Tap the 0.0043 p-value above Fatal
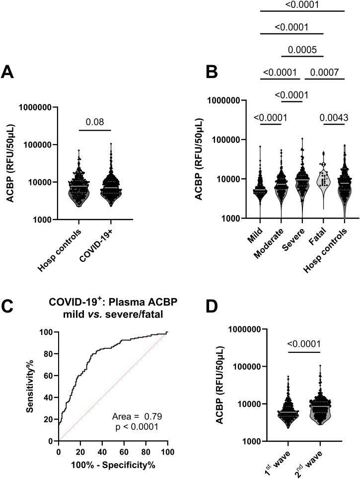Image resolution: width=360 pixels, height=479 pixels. coord(330,117)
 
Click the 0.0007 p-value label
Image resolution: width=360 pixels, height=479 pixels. coord(325,73)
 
